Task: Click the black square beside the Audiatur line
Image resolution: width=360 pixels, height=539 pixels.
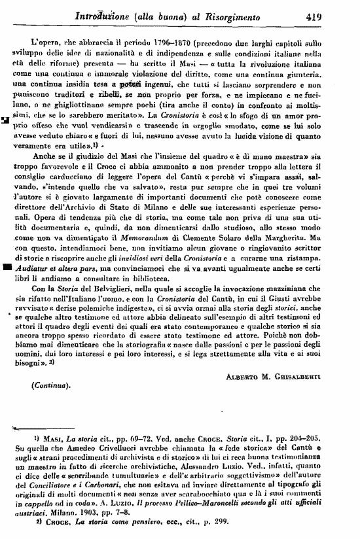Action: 7,267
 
